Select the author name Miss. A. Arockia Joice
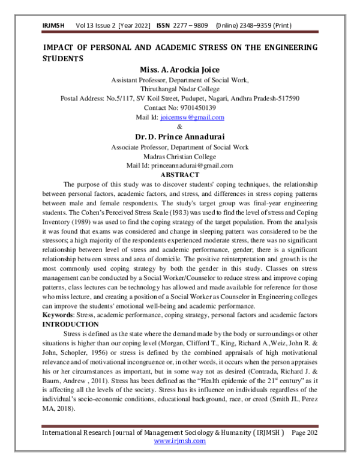click(x=180, y=70)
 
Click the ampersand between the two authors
click(x=180, y=126)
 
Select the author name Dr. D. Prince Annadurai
click(x=180, y=136)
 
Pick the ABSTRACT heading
click(x=180, y=174)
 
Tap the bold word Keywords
click(x=60, y=315)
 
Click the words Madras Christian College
click(x=180, y=156)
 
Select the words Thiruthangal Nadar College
click(x=180, y=89)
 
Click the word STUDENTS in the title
click(x=63, y=59)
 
